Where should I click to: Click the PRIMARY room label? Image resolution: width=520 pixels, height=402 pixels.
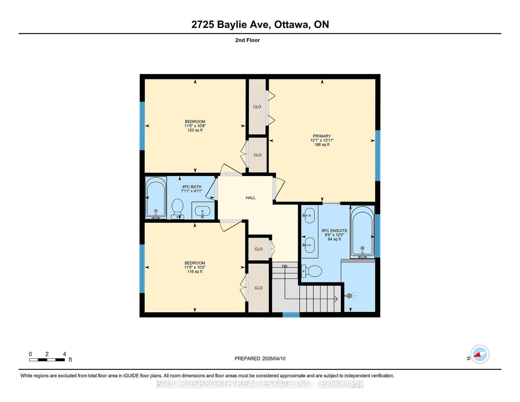click(322, 136)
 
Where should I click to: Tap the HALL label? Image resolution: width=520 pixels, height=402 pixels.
click(251, 198)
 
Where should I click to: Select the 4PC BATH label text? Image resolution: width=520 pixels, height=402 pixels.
click(192, 187)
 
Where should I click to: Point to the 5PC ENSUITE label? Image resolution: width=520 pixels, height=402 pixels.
click(334, 231)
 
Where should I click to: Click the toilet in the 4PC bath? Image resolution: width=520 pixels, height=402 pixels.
click(177, 209)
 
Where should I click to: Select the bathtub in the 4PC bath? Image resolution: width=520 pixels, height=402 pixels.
click(156, 198)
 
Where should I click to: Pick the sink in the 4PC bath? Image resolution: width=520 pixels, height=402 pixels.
click(202, 211)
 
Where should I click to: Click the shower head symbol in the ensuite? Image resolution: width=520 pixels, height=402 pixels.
click(350, 296)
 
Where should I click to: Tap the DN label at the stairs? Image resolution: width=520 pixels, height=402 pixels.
click(284, 266)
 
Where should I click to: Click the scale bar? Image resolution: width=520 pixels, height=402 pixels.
click(47, 360)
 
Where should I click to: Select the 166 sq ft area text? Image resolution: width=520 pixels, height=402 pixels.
click(322, 145)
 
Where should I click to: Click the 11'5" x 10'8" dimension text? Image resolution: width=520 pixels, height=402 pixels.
click(195, 126)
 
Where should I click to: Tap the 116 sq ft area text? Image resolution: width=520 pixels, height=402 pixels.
click(195, 272)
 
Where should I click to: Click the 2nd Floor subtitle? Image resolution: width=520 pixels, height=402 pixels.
click(247, 40)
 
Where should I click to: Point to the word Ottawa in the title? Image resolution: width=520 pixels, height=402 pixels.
click(292, 25)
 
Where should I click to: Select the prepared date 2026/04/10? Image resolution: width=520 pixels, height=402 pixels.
click(274, 358)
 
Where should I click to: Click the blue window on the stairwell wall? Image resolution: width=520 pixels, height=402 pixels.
click(291, 315)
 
